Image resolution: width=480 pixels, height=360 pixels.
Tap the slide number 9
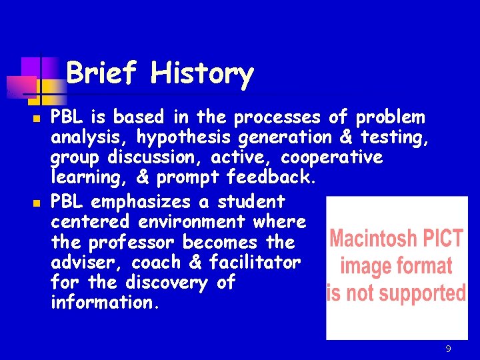(449, 349)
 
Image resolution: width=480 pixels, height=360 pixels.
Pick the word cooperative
(332, 158)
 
